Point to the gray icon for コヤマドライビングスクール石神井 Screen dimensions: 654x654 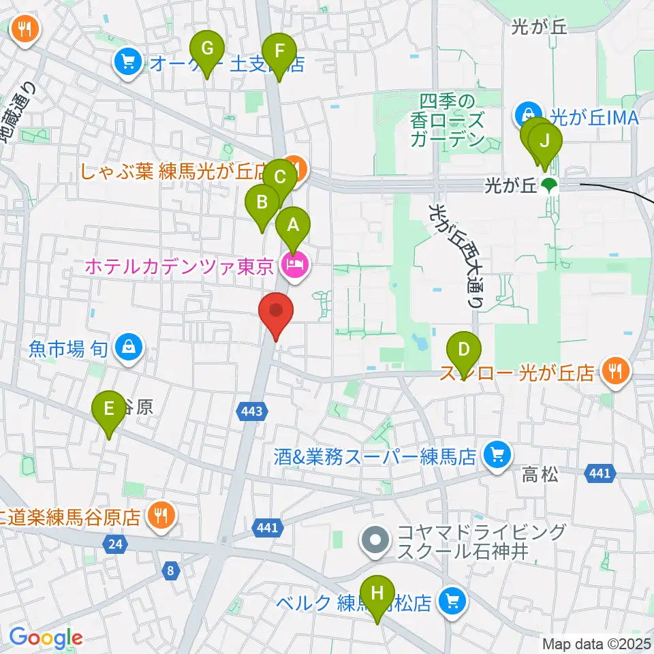[375, 542]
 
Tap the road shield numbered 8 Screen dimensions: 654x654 [169, 571]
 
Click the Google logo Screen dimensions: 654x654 [46, 637]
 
